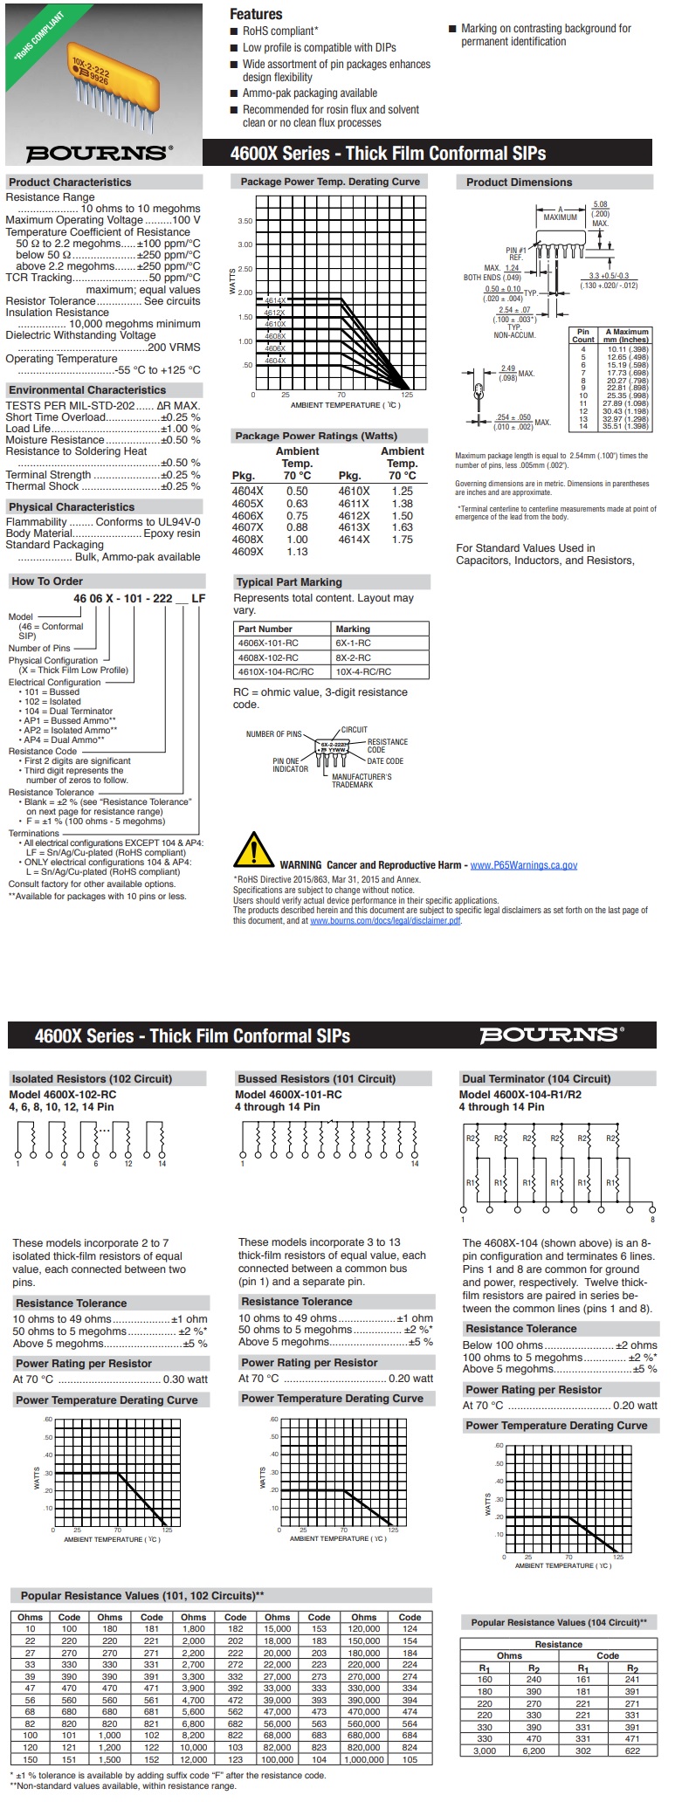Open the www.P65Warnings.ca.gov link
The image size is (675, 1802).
pyautogui.click(x=523, y=865)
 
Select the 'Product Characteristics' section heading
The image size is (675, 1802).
pyautogui.click(x=70, y=182)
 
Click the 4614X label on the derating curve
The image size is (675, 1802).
pyautogui.click(x=275, y=300)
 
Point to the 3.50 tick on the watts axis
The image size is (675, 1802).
pyautogui.click(x=245, y=222)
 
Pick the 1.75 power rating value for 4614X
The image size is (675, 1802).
pyautogui.click(x=402, y=540)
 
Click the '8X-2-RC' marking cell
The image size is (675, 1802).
pyautogui.click(x=353, y=657)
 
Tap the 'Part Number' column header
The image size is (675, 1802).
pyautogui.click(x=265, y=629)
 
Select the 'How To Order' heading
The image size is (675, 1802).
pyautogui.click(x=47, y=581)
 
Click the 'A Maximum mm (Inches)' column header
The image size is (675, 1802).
pyautogui.click(x=626, y=335)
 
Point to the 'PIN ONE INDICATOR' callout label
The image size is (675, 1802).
pyautogui.click(x=290, y=765)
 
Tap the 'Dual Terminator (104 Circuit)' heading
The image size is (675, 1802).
pyautogui.click(x=536, y=1078)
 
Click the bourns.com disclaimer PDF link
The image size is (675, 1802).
pyautogui.click(x=385, y=920)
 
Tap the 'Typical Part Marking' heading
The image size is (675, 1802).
pyautogui.click(x=289, y=582)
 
